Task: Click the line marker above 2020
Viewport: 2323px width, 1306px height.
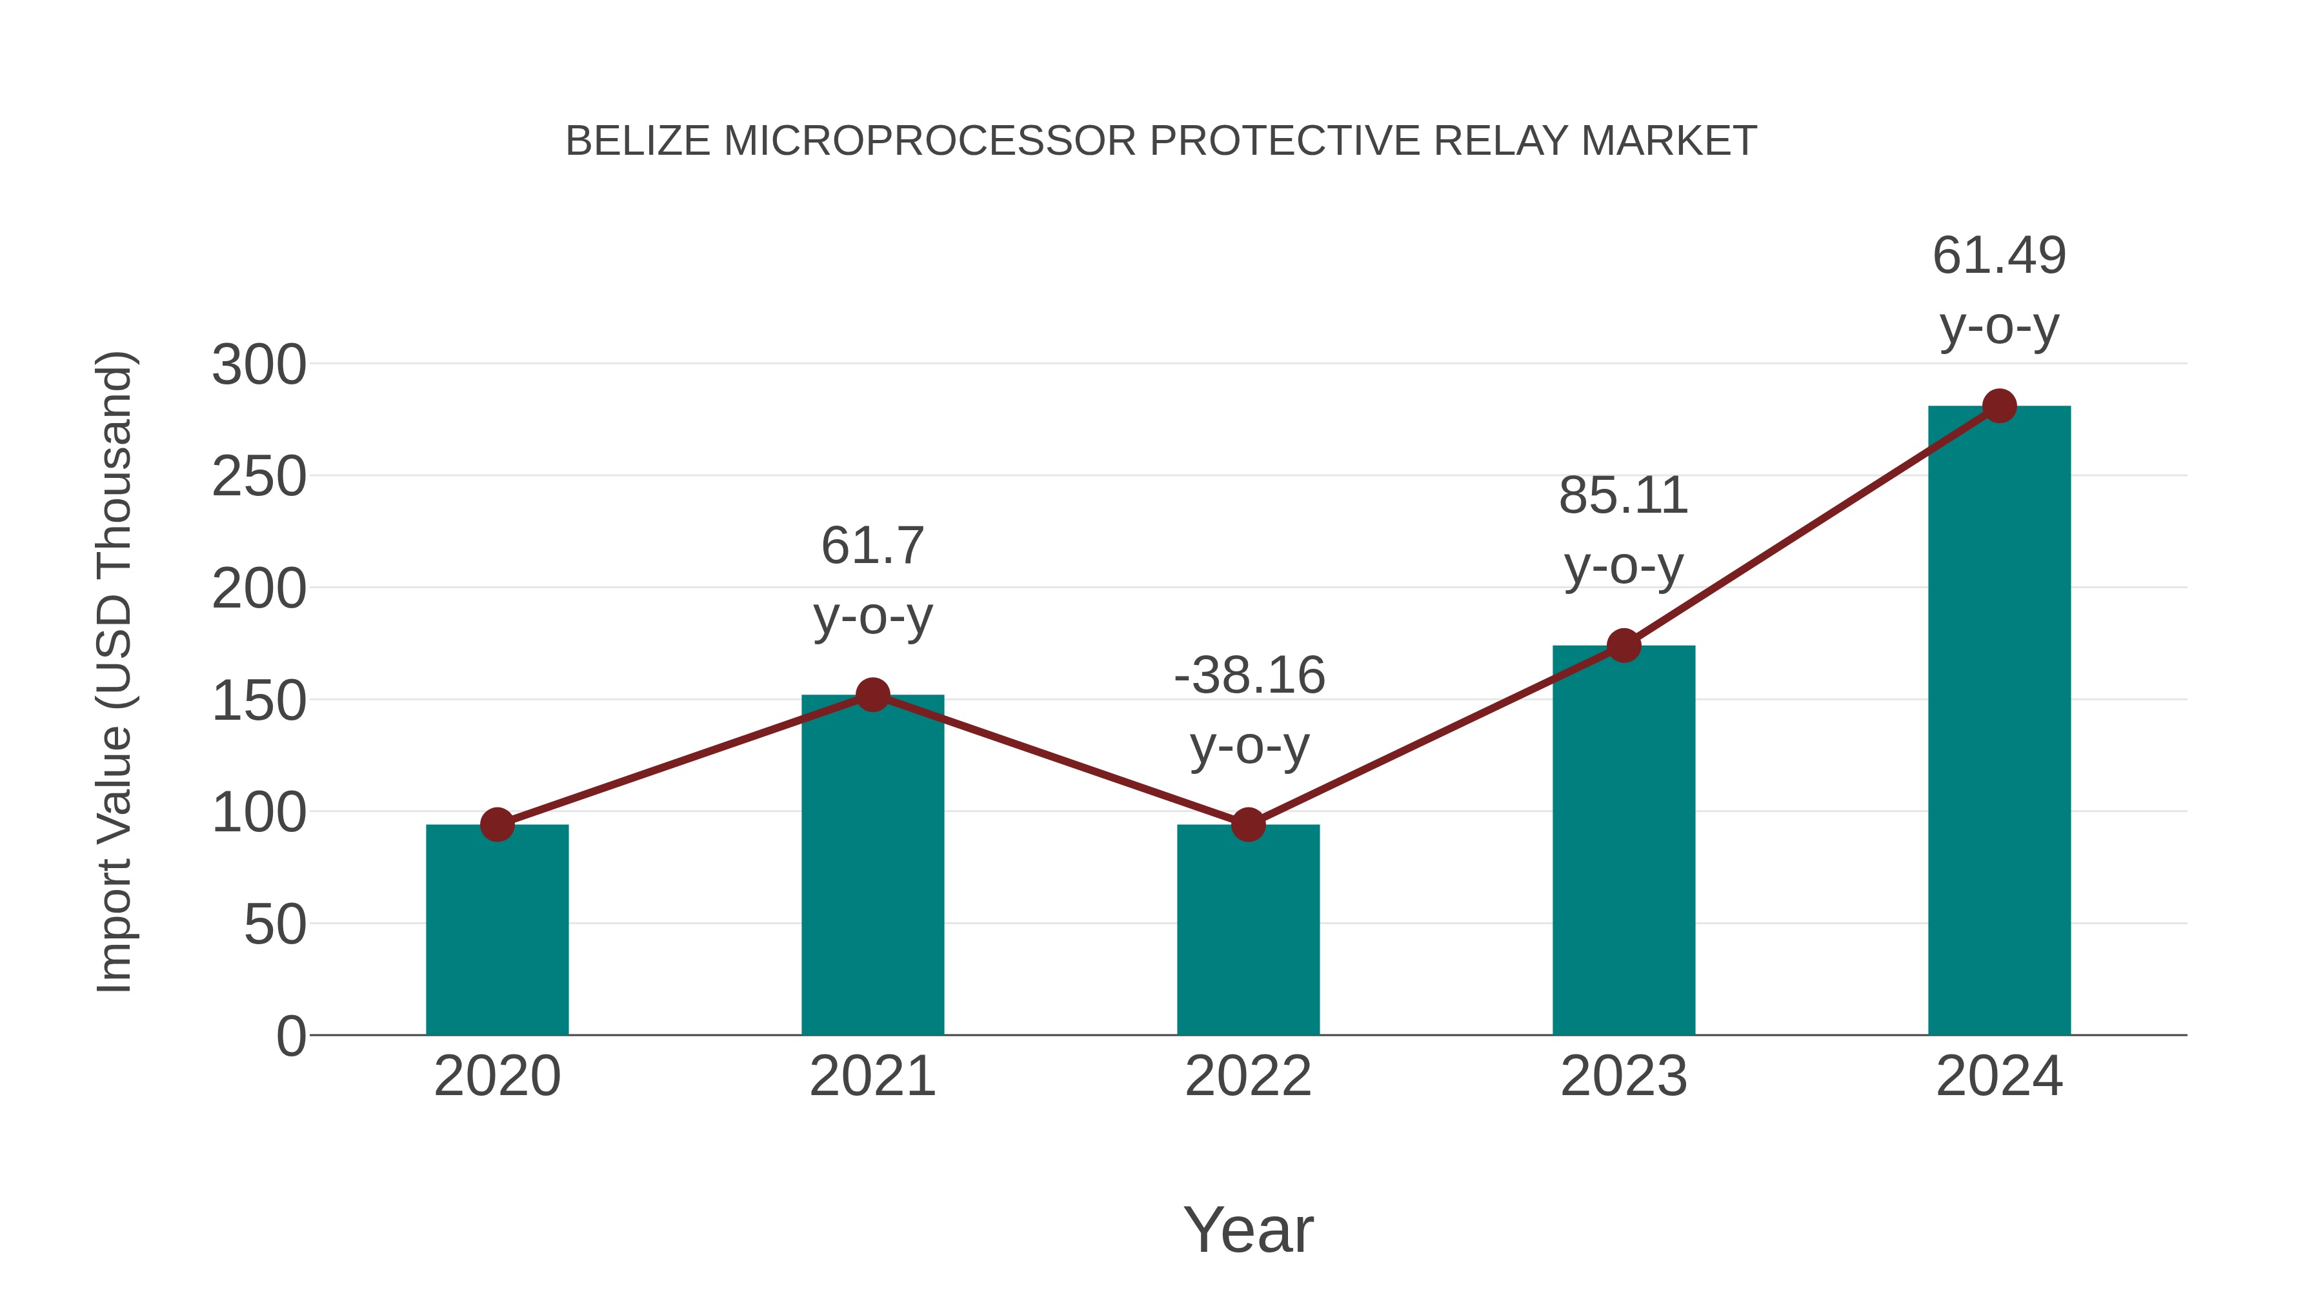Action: [x=497, y=824]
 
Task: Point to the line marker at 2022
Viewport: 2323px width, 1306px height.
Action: [x=1248, y=824]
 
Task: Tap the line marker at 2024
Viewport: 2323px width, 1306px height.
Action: [x=1999, y=406]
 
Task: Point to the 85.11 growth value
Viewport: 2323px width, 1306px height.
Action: [x=1624, y=497]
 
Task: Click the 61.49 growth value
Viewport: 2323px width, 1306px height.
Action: [x=1999, y=256]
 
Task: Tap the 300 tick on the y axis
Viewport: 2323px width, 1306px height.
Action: [x=259, y=365]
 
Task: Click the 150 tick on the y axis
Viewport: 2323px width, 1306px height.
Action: [x=259, y=700]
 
